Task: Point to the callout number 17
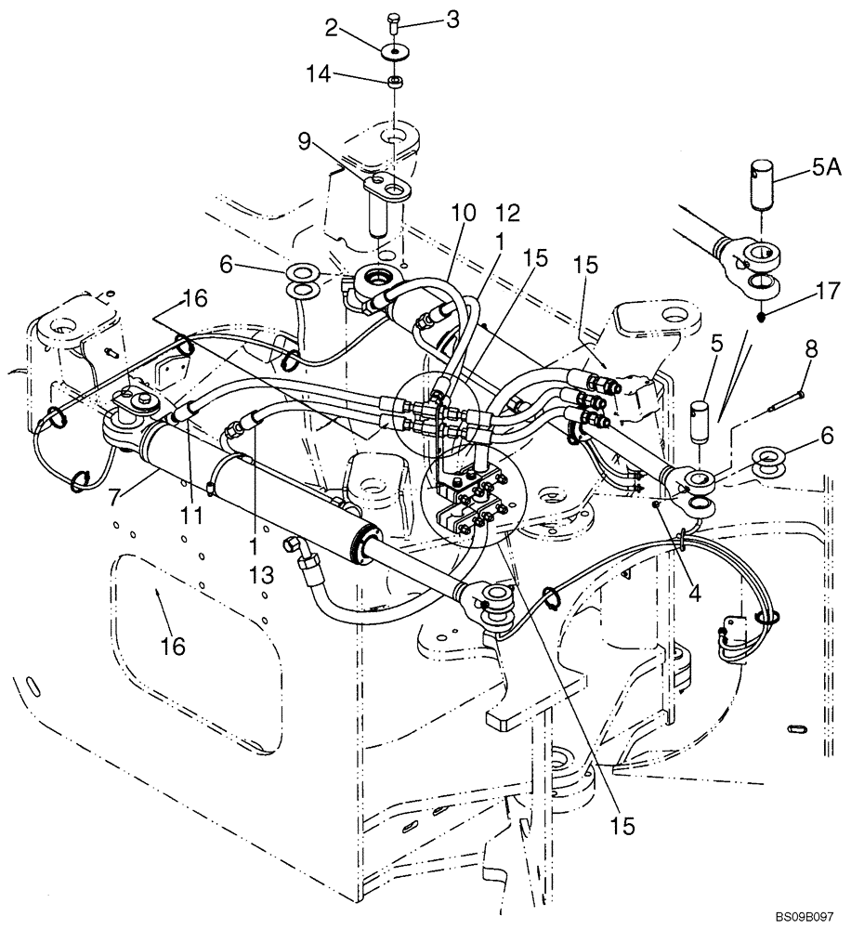coord(827,293)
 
